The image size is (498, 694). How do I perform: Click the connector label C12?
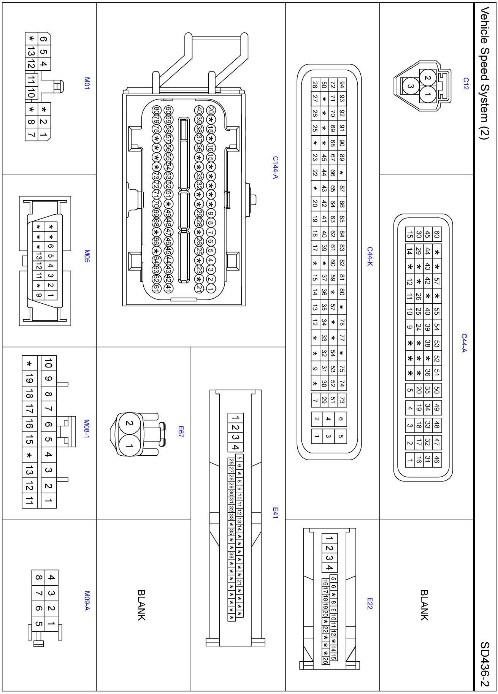click(x=465, y=83)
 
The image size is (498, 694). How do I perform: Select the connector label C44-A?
click(x=464, y=343)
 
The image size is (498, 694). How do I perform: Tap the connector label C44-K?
click(x=370, y=257)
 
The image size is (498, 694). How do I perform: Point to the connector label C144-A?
click(x=276, y=167)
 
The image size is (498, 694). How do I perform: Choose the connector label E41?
click(x=276, y=513)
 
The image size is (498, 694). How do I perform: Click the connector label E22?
click(x=370, y=603)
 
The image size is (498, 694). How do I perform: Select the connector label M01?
click(x=87, y=83)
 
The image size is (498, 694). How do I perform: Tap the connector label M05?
click(x=87, y=256)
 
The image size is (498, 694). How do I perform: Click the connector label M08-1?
click(x=87, y=429)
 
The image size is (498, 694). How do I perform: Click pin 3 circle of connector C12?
click(x=410, y=86)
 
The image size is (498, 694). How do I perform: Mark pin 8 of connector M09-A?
click(x=38, y=578)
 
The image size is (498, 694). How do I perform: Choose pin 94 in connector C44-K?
click(x=341, y=84)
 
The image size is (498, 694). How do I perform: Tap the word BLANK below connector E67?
click(x=141, y=605)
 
